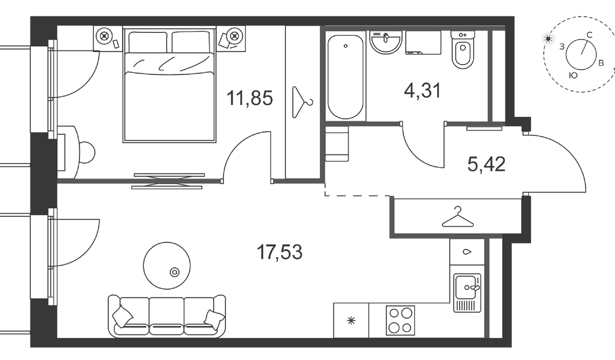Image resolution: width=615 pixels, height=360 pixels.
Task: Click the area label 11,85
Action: point(250,98)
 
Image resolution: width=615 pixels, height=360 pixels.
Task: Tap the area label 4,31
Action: point(422,90)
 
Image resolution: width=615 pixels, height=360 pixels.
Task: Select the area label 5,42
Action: point(486,164)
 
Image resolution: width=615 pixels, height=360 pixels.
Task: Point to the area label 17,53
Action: point(279,252)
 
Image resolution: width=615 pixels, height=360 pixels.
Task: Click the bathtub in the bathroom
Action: point(345,77)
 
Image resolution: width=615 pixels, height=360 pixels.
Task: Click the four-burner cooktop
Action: point(400,321)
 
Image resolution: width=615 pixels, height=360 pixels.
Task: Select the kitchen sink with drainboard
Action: point(467,293)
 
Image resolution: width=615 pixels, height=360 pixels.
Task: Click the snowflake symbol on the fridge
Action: point(351,321)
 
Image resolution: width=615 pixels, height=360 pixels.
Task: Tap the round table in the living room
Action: point(167,266)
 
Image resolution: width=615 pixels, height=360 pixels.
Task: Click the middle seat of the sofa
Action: point(167,316)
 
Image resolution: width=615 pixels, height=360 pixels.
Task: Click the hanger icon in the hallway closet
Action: point(457,217)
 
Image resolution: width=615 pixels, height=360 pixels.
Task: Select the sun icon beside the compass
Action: point(548,39)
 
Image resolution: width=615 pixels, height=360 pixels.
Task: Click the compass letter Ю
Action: point(573,75)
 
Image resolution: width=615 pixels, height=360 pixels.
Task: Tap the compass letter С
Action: point(589,35)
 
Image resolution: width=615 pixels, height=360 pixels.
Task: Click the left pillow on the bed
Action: point(148,42)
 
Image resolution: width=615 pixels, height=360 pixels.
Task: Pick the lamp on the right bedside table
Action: point(234,36)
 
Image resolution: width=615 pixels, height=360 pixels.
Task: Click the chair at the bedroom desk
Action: point(87,152)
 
